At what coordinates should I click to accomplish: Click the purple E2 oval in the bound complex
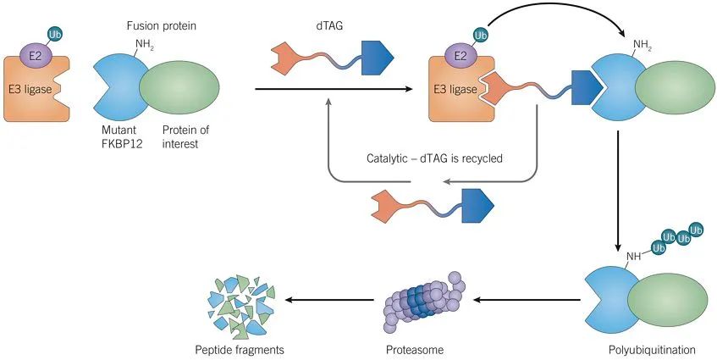461,56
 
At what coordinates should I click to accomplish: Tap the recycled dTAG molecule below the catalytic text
433,205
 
